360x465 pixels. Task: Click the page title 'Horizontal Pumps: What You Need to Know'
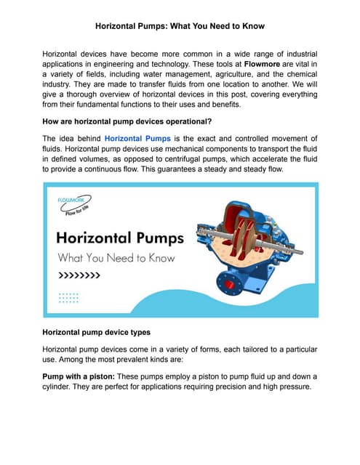click(x=180, y=26)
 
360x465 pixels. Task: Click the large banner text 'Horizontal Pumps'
click(x=120, y=238)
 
